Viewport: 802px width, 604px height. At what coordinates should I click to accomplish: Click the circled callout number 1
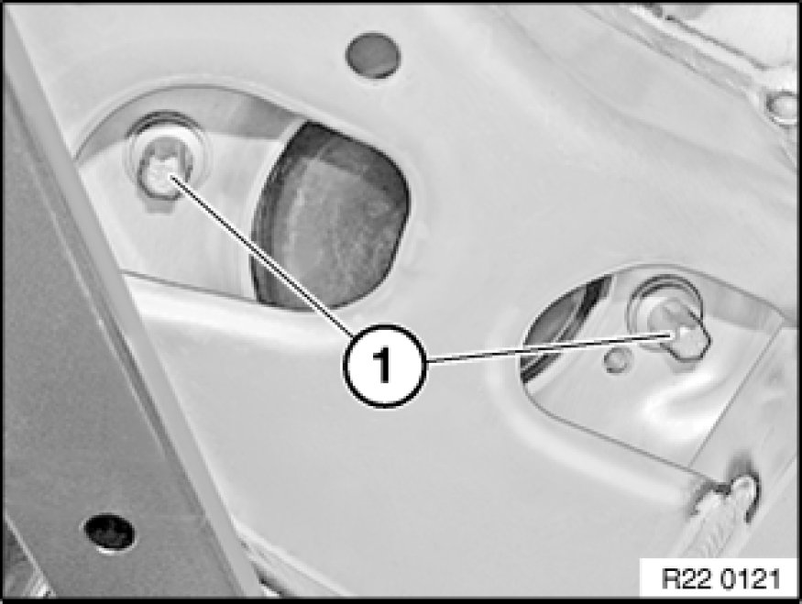click(x=384, y=365)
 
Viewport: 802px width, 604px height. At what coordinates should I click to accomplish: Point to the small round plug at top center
click(x=373, y=55)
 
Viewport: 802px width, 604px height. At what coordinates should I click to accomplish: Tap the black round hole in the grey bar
click(x=109, y=533)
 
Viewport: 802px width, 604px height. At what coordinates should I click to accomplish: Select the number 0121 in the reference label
click(x=751, y=579)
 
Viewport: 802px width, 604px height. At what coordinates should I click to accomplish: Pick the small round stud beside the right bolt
click(x=616, y=359)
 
